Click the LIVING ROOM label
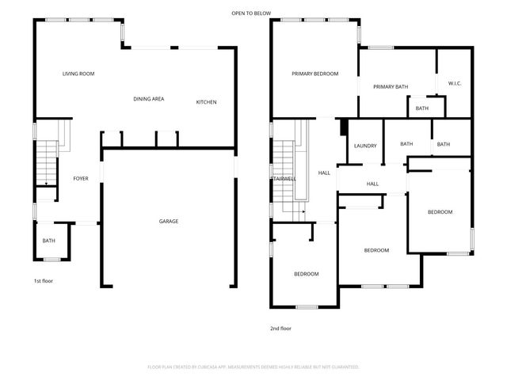(78, 74)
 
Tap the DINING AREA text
(148, 98)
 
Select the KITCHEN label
(206, 102)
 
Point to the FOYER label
(81, 178)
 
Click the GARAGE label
(168, 221)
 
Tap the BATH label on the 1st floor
(49, 241)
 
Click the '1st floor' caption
(43, 281)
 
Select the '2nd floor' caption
(280, 327)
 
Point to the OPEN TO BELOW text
(251, 13)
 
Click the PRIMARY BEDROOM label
(314, 74)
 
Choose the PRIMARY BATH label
(390, 87)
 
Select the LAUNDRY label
(364, 146)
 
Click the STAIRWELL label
(284, 179)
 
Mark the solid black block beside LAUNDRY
(343, 127)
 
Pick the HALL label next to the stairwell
(324, 173)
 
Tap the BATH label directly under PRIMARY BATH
(421, 108)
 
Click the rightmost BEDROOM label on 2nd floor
(440, 211)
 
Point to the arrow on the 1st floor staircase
(45, 184)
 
